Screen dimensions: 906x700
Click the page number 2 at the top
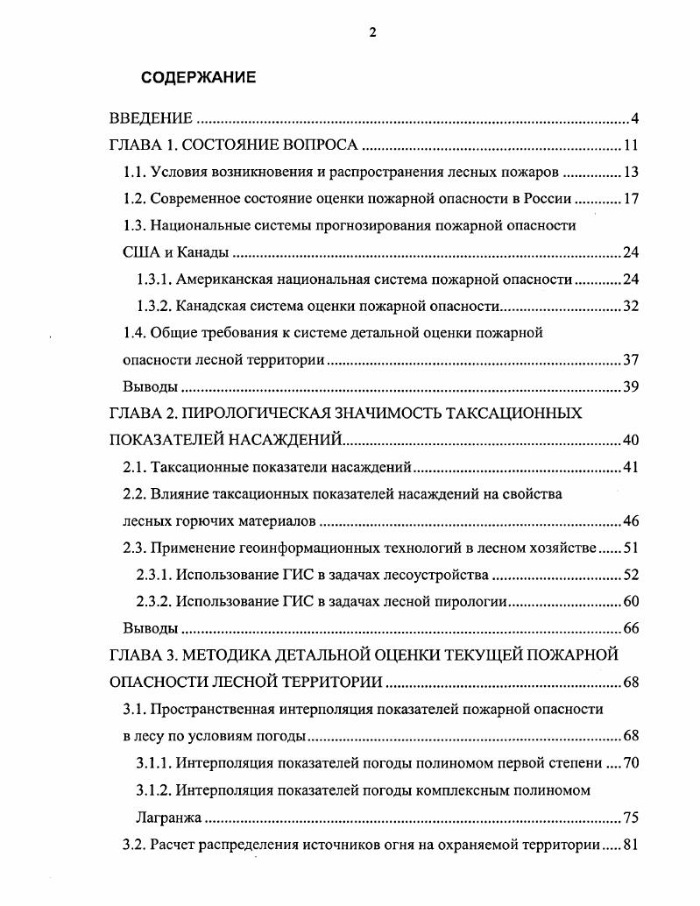(372, 32)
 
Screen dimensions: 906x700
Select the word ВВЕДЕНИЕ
(150, 118)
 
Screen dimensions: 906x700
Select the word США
(140, 252)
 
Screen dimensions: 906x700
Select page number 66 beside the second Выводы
(631, 628)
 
